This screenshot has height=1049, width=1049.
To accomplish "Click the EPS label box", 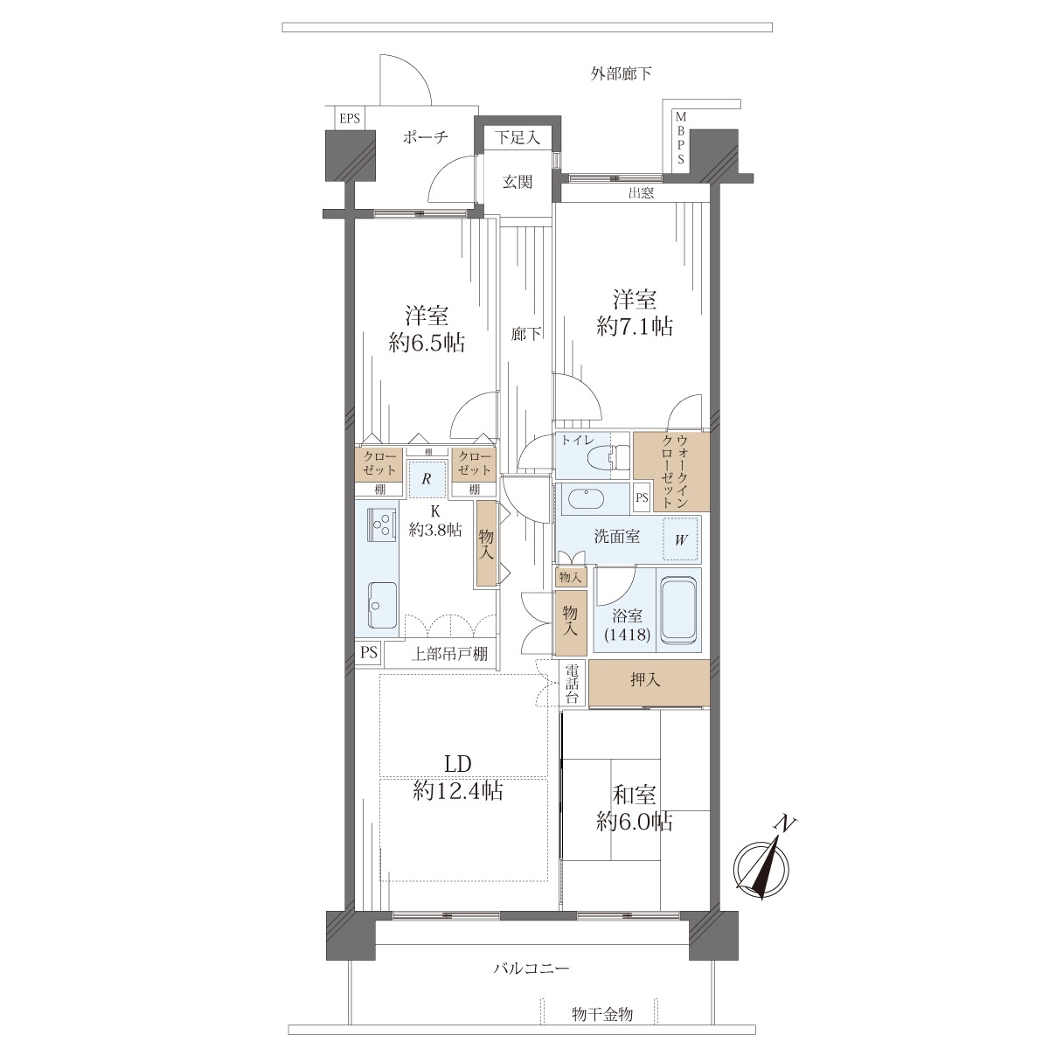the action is coord(350,118).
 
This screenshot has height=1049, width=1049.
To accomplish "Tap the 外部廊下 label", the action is coord(622,73).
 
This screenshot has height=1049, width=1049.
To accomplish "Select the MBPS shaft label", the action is coord(680,138).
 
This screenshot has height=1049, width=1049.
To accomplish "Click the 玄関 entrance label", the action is coord(518,182).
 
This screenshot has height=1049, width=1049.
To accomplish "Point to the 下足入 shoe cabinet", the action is coord(518,136).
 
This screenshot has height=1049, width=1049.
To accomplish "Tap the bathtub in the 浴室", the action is coord(678,610).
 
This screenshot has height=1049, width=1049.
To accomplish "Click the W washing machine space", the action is coord(680,539).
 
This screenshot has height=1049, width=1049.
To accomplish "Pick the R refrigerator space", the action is coord(427,479).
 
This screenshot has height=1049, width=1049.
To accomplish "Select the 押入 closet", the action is coord(649,684).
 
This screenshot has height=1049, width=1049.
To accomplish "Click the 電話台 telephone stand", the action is coord(572,684).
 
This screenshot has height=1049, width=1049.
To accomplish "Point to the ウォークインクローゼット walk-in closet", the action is coord(671,471).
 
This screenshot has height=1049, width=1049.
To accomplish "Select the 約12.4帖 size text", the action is coord(458,791).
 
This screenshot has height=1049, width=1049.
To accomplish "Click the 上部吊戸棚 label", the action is coord(449,654).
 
